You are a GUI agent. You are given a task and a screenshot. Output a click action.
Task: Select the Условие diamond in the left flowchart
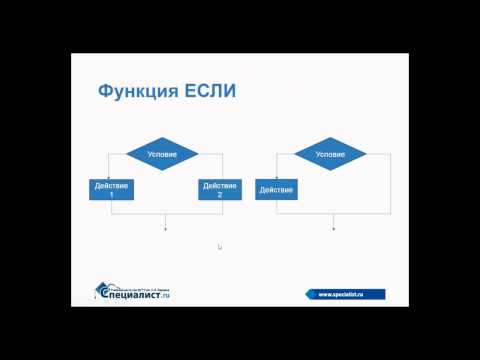[163, 155]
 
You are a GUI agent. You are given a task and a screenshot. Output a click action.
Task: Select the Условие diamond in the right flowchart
[330, 155]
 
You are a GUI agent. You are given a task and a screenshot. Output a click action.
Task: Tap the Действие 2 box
[218, 189]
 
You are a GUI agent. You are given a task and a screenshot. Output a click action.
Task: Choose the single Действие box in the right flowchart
[274, 189]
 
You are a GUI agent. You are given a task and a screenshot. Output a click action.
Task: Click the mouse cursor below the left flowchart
[219, 247]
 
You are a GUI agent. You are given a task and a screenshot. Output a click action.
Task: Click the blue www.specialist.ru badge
[345, 294]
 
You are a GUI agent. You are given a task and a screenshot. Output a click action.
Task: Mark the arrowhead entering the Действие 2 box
[218, 176]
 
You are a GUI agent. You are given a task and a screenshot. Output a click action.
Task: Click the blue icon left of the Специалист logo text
[101, 290]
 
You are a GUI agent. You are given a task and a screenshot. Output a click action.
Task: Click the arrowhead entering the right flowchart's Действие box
[274, 176]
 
